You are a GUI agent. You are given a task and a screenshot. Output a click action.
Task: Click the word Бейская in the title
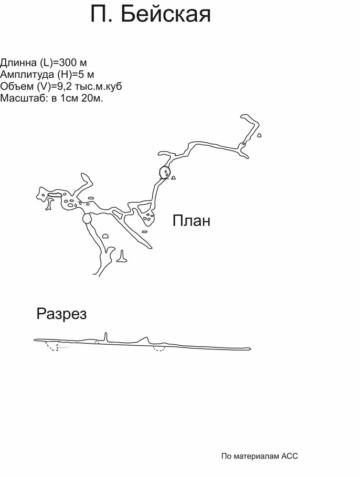click(165, 15)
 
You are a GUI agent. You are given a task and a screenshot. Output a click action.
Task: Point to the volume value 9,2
click(64, 87)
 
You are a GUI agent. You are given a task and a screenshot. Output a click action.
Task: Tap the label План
click(191, 221)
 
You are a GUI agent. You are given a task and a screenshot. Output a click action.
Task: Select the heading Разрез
click(61, 314)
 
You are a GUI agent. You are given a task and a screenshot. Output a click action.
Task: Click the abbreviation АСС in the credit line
click(289, 456)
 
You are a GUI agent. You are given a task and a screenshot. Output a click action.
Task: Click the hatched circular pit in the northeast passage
click(164, 172)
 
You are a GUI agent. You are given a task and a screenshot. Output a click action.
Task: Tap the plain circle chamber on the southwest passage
click(87, 219)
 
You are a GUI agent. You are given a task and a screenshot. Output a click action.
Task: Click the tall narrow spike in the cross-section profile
click(106, 336)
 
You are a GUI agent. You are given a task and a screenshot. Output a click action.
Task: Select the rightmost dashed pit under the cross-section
click(159, 349)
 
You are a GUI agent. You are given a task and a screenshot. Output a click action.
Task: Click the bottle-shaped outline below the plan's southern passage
click(122, 257)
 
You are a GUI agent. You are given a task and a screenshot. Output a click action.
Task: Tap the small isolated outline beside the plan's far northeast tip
click(259, 135)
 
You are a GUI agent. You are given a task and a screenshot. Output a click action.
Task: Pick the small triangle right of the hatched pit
click(173, 178)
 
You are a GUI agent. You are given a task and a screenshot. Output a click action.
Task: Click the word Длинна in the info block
click(18, 63)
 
